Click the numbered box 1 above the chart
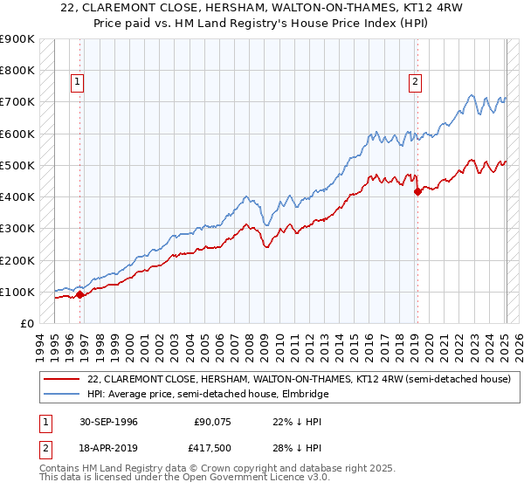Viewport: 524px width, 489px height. coord(78,82)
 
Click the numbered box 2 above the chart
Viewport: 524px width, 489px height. coord(414,82)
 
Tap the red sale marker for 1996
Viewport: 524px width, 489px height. coord(80,294)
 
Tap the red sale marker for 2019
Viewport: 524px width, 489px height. coord(417,191)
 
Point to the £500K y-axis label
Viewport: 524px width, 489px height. coord(17,165)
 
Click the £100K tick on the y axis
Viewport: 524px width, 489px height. coord(17,292)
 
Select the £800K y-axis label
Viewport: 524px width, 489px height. coord(17,71)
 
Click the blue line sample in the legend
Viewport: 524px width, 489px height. coord(61,394)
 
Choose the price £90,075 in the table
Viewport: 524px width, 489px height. coord(211,422)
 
